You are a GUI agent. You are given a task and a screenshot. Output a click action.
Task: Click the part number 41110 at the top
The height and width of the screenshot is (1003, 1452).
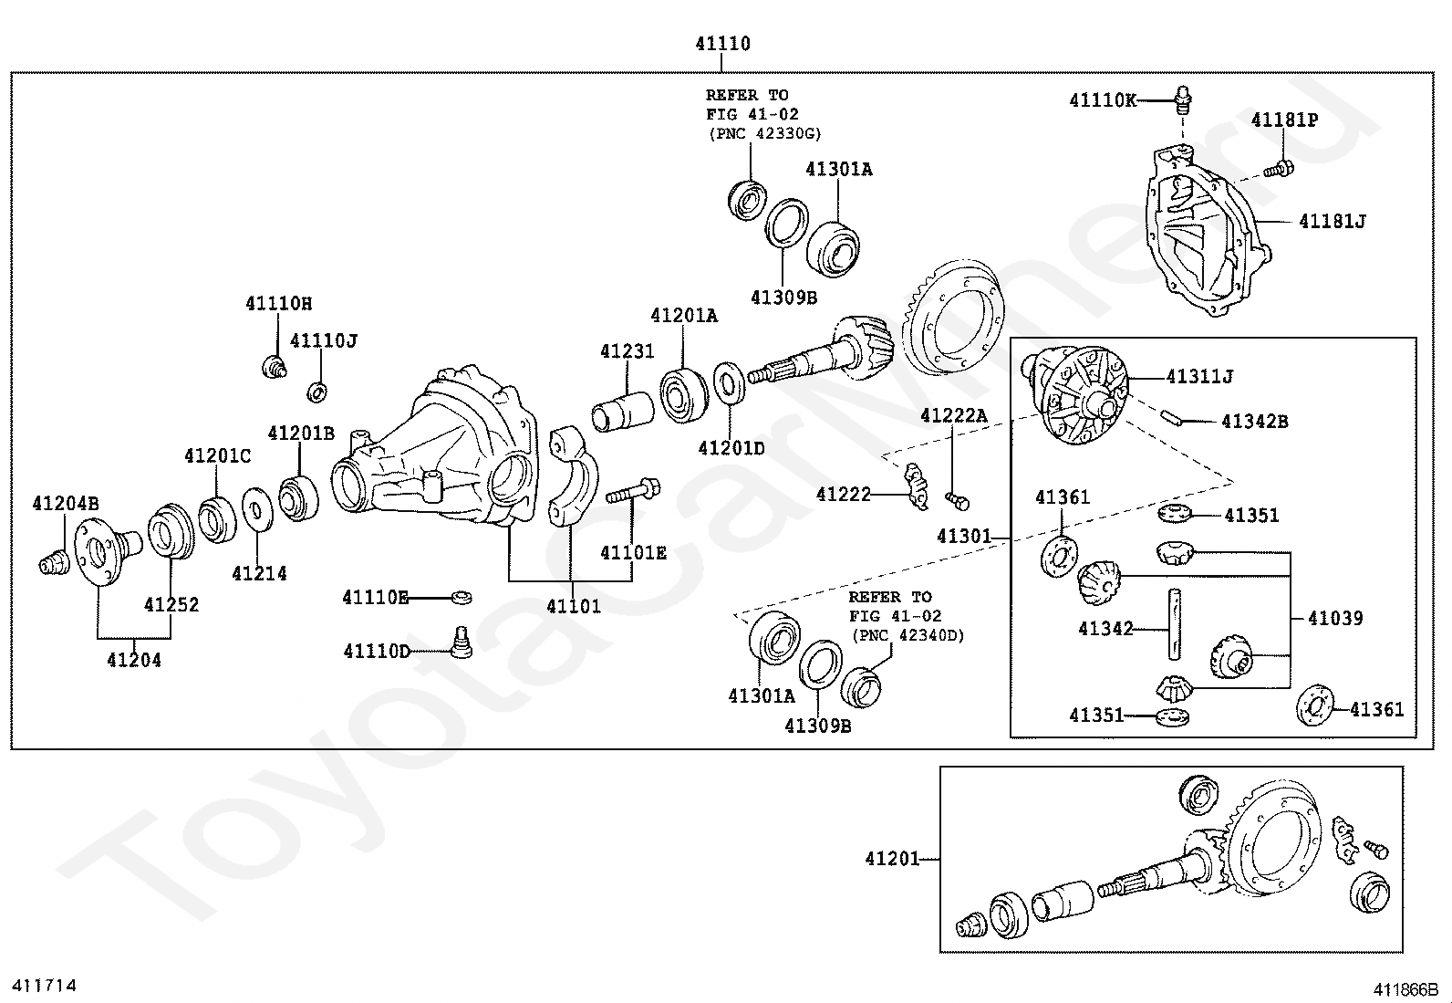point(722,44)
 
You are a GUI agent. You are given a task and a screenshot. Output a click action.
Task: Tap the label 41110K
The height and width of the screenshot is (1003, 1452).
point(1103,99)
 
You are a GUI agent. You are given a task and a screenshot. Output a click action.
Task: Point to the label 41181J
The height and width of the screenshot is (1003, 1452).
point(1333,221)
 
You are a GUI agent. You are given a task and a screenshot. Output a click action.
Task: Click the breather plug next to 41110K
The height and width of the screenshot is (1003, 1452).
point(1183,99)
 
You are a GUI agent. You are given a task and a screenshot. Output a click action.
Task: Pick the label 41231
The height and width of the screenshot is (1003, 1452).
point(627,351)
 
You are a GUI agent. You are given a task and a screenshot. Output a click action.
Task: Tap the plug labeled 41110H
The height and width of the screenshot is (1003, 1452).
point(275,367)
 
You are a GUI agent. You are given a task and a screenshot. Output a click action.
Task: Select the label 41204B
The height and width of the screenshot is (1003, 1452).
point(66,503)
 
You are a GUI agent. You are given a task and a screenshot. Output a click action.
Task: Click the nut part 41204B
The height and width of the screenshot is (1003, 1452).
point(54,562)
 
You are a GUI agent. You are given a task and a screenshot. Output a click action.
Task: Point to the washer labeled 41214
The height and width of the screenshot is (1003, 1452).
point(257,508)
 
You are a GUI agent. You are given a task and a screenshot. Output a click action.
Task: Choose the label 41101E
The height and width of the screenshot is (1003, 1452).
point(633,552)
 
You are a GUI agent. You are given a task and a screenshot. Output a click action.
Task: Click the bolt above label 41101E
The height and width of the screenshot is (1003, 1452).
point(633,490)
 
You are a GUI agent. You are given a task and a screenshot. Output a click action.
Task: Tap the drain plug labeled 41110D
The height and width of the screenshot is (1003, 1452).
point(461,643)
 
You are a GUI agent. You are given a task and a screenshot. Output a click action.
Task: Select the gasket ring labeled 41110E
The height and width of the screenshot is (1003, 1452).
point(461,597)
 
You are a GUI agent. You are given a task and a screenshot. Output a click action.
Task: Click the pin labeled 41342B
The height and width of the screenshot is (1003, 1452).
point(1173,419)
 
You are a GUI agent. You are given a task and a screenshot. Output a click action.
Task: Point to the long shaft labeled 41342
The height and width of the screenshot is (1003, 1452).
point(1175,624)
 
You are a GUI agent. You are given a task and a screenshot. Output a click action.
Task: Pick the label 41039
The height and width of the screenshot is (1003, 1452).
point(1335,618)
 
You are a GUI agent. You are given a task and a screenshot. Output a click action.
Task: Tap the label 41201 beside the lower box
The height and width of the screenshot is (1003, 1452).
point(893,858)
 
